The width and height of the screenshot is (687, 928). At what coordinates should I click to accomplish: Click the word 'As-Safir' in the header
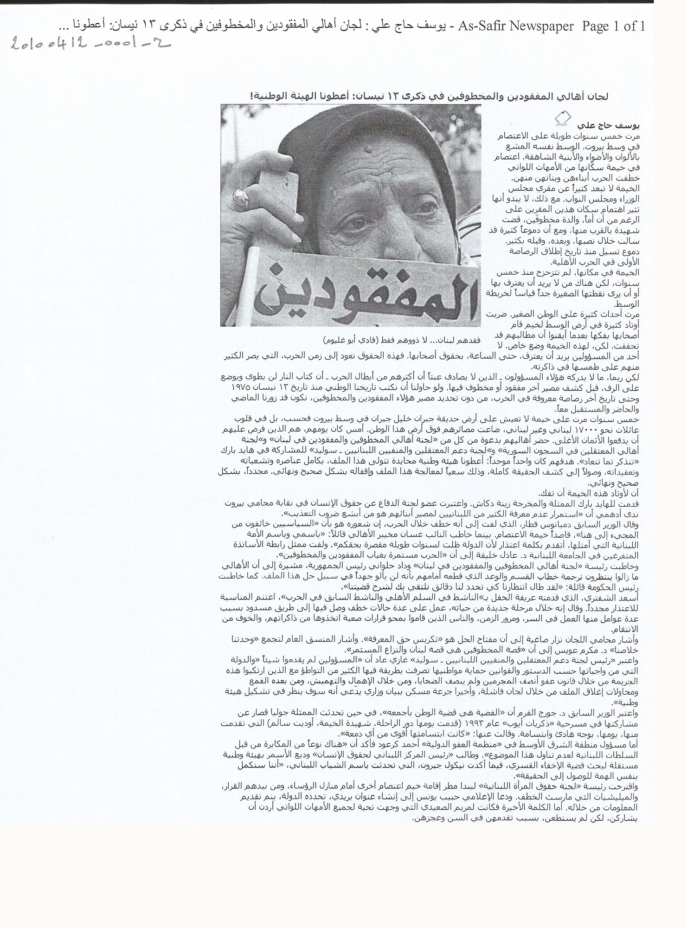pyautogui.click(x=482, y=26)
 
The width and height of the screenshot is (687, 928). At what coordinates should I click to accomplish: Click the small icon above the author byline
pyautogui.click(x=563, y=118)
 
